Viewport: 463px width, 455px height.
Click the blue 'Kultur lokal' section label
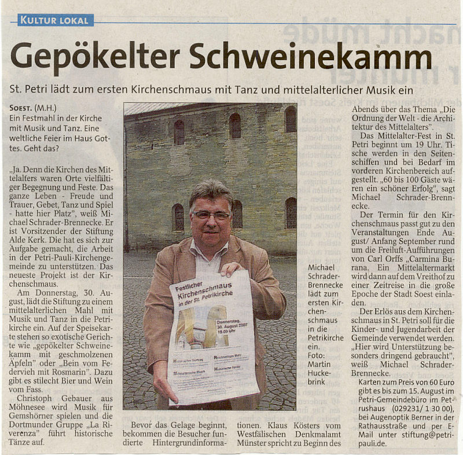(56, 21)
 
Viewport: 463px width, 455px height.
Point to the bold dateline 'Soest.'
(21, 109)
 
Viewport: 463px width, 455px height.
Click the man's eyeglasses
(211, 215)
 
